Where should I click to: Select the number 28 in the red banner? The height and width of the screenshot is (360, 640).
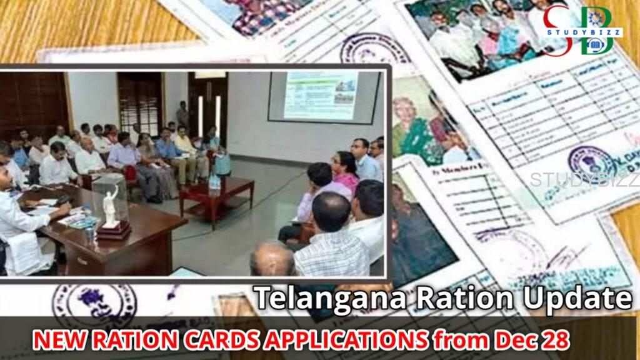556,340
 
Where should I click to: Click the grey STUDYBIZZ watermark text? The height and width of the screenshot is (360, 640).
584,179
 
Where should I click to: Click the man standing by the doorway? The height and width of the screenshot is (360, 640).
182,116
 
